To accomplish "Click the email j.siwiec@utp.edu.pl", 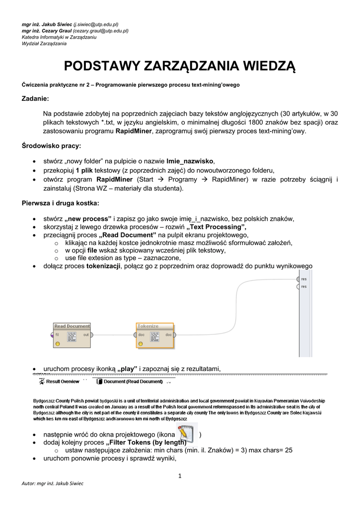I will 96,24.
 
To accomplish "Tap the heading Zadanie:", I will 35,99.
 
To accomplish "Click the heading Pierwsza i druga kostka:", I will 60,203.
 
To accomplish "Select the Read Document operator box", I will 72,335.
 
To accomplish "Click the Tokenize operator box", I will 155,335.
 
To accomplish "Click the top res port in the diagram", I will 298,279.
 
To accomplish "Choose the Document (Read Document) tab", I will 130,381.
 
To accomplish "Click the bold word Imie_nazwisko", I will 190,161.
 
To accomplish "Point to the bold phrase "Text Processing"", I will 216,227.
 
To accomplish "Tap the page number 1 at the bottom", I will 180,476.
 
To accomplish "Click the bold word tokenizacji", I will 103,266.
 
